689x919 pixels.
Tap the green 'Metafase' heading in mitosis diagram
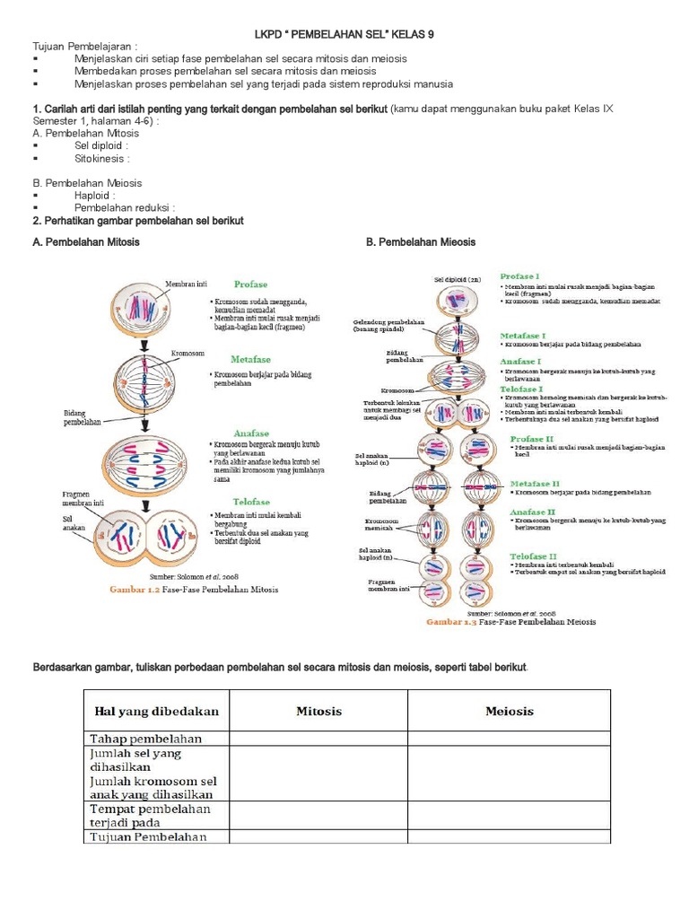click(252, 359)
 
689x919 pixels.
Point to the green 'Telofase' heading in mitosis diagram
click(252, 502)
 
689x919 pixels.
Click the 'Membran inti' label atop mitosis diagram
click(185, 284)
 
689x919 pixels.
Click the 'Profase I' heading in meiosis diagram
click(519, 277)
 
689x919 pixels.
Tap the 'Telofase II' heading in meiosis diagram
click(535, 556)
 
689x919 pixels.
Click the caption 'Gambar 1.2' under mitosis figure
click(133, 590)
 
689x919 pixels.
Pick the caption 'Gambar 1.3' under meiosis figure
click(450, 621)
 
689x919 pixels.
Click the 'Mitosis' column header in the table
click(319, 711)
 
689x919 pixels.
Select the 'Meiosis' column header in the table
click(509, 711)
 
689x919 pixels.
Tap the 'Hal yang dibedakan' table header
click(156, 711)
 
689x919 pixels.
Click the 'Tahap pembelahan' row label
click(145, 739)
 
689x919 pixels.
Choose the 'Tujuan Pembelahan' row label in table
click(148, 837)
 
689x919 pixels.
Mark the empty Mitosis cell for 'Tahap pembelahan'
click(319, 739)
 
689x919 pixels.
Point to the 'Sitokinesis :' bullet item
click(102, 158)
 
